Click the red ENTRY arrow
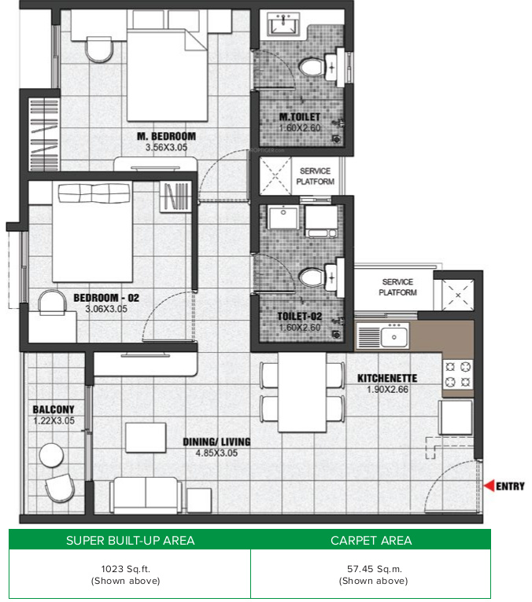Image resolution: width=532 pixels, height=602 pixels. pyautogui.click(x=489, y=486)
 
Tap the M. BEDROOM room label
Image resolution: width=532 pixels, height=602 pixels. pyautogui.click(x=166, y=136)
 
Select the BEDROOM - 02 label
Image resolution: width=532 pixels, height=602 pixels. pyautogui.click(x=106, y=298)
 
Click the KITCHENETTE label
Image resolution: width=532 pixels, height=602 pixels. pyautogui.click(x=387, y=379)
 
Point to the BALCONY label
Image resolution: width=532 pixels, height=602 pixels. pyautogui.click(x=54, y=409)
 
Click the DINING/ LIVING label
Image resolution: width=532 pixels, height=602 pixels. pyautogui.click(x=216, y=442)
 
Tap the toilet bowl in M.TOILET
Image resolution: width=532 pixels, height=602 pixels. pyautogui.click(x=311, y=67)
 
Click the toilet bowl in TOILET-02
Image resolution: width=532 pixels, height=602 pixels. pyautogui.click(x=311, y=277)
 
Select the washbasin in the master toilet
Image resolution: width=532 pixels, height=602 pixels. pyautogui.click(x=283, y=24)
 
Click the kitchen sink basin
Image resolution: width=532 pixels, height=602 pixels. pyautogui.click(x=393, y=337)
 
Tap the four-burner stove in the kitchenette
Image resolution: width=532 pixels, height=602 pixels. pyautogui.click(x=457, y=374)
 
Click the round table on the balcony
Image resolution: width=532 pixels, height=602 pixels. pyautogui.click(x=51, y=455)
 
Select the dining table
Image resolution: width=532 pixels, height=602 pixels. pyautogui.click(x=302, y=391)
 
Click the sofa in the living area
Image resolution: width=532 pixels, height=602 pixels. pyautogui.click(x=146, y=495)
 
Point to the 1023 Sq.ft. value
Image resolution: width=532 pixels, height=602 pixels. pyautogui.click(x=125, y=568)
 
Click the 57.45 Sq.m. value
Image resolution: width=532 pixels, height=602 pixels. pyautogui.click(x=374, y=568)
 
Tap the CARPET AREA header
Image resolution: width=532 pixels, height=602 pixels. pyautogui.click(x=371, y=541)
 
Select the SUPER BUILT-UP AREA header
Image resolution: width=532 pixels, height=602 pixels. pyautogui.click(x=131, y=541)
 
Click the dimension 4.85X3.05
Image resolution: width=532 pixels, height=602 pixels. pyautogui.click(x=216, y=453)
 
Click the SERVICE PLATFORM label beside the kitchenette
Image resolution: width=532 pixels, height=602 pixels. pyautogui.click(x=397, y=287)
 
